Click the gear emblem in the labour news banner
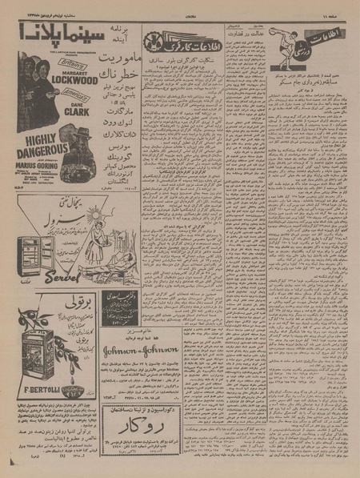(156, 40)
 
